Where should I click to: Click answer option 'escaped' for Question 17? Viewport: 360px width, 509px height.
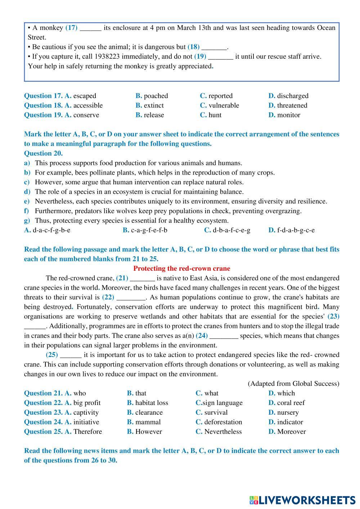click(85, 96)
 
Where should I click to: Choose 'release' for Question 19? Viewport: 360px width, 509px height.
click(154, 115)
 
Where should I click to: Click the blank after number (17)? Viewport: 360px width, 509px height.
click(90, 28)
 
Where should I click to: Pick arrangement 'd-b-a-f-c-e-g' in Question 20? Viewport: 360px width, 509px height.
click(231, 230)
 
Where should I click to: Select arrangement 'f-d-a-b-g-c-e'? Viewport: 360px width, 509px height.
click(296, 230)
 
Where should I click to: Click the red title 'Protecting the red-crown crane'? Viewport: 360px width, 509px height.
click(181, 269)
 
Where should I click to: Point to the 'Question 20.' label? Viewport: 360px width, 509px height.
click(43, 153)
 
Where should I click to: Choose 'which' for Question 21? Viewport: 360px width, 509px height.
click(286, 393)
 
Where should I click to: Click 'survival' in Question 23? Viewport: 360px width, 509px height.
click(216, 413)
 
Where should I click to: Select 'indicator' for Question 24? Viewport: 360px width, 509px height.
click(290, 422)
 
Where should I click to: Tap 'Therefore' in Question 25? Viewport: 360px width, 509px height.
click(87, 432)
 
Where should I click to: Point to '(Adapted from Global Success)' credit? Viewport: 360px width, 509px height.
click(293, 384)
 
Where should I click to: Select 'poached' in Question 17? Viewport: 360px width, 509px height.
click(156, 96)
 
